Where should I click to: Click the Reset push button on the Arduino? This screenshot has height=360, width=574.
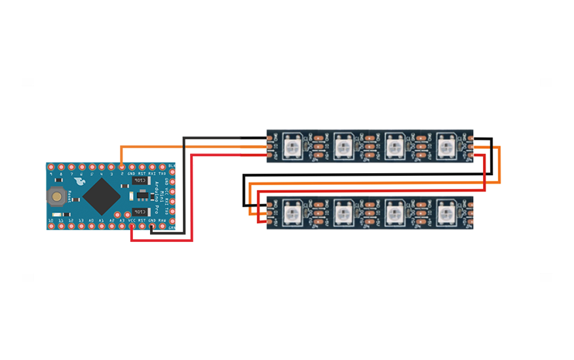(x=56, y=197)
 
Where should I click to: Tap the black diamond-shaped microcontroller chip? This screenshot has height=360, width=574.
(x=102, y=197)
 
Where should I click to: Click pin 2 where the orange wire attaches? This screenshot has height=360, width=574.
(x=122, y=167)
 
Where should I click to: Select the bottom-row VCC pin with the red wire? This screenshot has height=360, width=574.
(x=132, y=226)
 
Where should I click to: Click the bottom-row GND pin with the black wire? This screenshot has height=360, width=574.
(x=152, y=226)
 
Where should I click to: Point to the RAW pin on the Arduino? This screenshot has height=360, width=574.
(x=162, y=226)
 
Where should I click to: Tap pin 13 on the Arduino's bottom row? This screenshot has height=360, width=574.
(x=81, y=226)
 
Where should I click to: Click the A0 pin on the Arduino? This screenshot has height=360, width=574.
(x=92, y=226)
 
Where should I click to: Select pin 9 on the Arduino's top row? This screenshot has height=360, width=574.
(x=51, y=167)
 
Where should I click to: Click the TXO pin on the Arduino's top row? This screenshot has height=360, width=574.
(x=162, y=167)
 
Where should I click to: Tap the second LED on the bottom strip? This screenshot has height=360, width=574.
(x=343, y=213)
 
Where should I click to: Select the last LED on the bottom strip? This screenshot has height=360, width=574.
(x=446, y=213)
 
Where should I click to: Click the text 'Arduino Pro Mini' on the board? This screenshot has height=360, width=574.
(x=157, y=197)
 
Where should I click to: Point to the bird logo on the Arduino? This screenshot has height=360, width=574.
(x=79, y=182)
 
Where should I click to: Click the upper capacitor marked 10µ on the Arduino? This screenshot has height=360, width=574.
(x=141, y=180)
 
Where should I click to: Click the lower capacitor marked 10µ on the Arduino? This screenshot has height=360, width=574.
(x=141, y=212)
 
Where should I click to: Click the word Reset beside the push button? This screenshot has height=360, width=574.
(x=69, y=197)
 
